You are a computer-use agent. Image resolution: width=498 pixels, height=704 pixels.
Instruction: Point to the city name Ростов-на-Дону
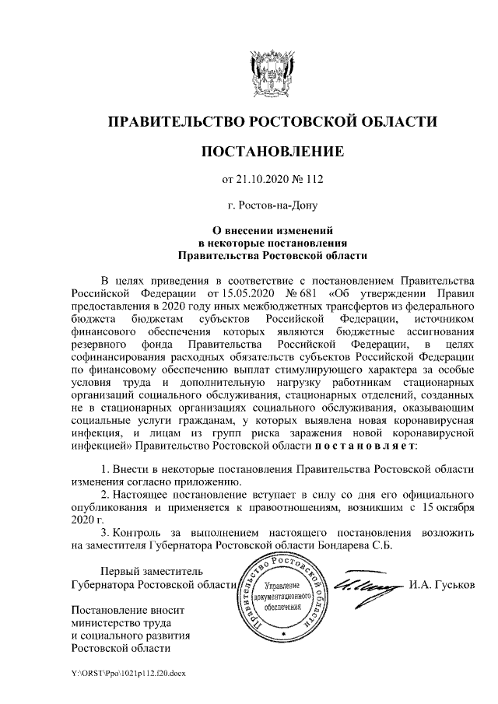click(272, 205)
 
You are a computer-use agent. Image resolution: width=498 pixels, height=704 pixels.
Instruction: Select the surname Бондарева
click(339, 545)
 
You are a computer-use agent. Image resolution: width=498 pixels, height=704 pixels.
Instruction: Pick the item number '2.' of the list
click(107, 495)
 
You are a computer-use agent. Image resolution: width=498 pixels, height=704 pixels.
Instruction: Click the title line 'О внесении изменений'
click(272, 230)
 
